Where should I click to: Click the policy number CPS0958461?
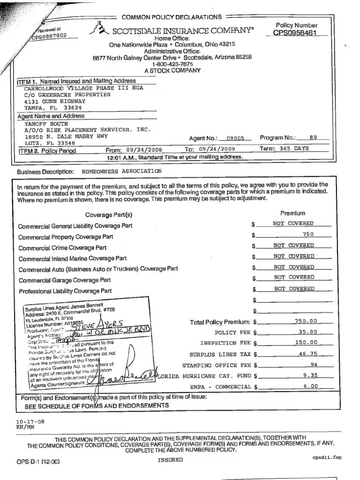coord(296,33)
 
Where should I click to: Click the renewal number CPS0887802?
coord(50,36)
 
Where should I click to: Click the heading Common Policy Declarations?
coord(172,17)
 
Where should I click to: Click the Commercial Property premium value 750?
coord(307,234)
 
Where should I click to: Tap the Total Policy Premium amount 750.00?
coord(306,321)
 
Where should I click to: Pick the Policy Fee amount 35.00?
coord(307,332)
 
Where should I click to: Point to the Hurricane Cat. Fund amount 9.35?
coord(309,375)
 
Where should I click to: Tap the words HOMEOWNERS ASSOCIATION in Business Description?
coord(121,171)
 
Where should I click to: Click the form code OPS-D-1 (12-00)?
coord(38,461)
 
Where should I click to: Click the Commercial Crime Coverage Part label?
coord(62,247)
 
